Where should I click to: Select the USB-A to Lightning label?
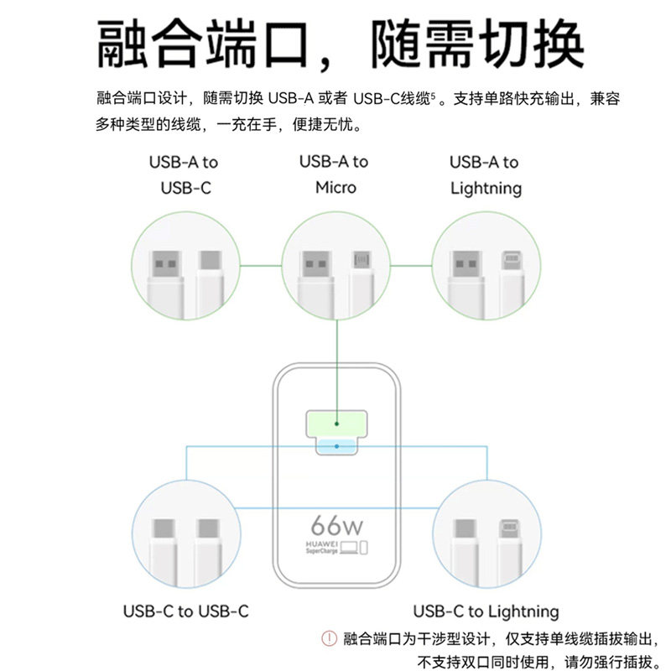[486, 174]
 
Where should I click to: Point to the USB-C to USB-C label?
[185, 611]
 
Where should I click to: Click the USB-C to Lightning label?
[486, 611]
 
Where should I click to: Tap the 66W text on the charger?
[336, 527]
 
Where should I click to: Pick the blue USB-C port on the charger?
[336, 446]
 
